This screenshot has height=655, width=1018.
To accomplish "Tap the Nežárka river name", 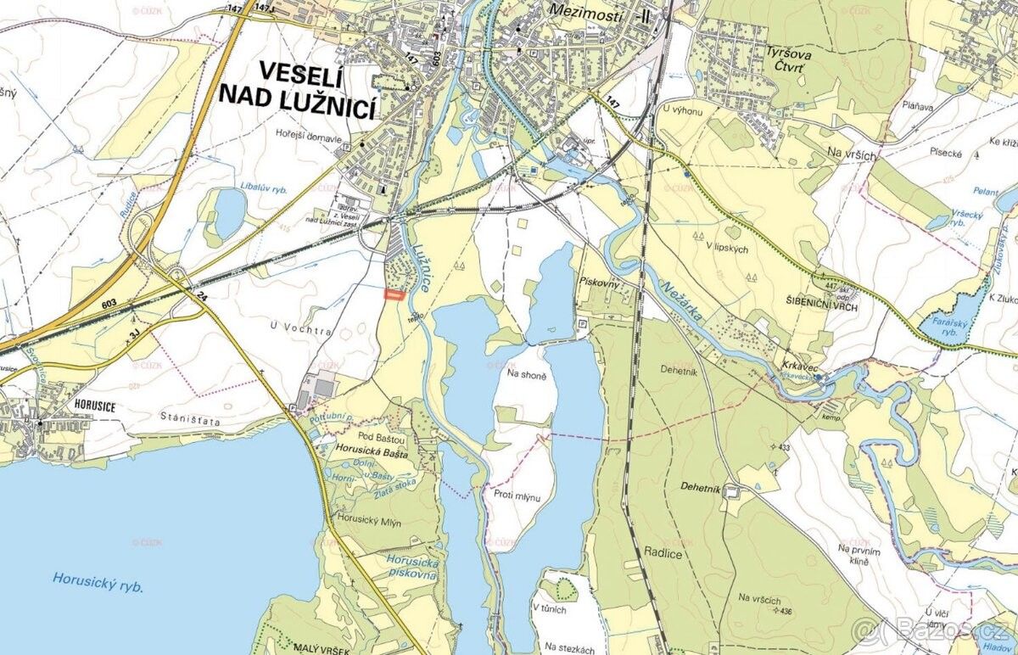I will pos(679,301).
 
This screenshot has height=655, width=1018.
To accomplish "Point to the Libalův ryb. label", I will pos(262,185).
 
